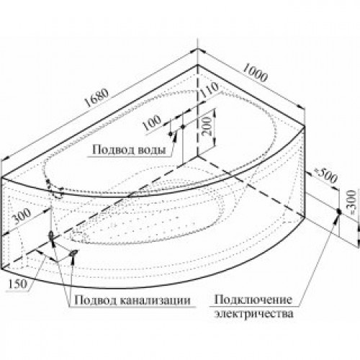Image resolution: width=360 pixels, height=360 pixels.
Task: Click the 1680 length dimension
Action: point(97,98)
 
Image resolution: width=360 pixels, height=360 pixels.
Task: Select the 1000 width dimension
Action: point(255,73)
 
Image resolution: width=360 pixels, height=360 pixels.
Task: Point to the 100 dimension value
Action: point(152,122)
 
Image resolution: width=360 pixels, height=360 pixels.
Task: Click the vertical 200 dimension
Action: point(207,126)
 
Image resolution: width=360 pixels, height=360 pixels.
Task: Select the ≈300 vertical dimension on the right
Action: point(352,202)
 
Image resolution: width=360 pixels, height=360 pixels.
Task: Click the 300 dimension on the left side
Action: point(22,216)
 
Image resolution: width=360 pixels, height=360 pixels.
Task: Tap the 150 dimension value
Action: point(18,284)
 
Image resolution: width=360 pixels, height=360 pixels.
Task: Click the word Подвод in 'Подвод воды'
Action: point(114,150)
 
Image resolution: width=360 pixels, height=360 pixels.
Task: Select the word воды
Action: point(153,150)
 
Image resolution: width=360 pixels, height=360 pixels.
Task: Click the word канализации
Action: point(155,300)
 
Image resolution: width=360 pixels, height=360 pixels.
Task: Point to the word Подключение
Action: point(253,300)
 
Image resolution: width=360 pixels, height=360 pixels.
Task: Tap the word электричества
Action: point(254,314)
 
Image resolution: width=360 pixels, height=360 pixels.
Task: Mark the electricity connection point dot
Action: point(339,212)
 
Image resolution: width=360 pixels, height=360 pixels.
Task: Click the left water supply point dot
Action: point(171,134)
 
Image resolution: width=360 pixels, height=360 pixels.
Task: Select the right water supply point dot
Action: point(183,126)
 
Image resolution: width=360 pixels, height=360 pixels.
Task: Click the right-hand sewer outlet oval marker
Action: point(73,253)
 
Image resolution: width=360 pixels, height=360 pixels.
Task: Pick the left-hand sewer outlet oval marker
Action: point(51,235)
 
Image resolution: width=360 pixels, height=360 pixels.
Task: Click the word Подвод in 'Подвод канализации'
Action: point(96,300)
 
